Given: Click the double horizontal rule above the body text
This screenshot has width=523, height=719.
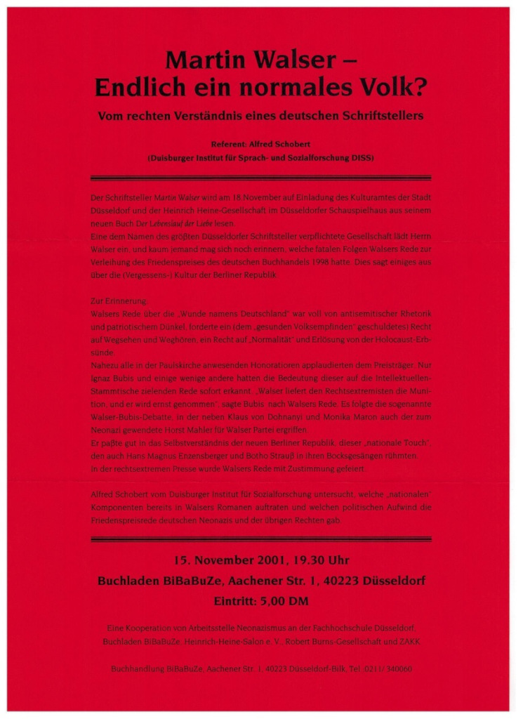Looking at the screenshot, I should [x=260, y=178].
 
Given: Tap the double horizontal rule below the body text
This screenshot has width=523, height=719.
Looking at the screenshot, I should [x=260, y=539].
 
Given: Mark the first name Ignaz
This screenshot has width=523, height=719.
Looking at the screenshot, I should [x=103, y=378].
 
